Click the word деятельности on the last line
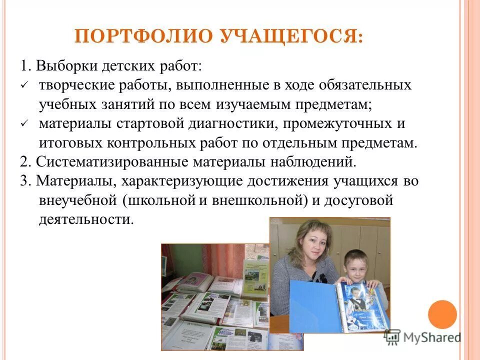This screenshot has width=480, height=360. (86, 220)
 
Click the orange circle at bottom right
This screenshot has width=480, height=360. (442, 314)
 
